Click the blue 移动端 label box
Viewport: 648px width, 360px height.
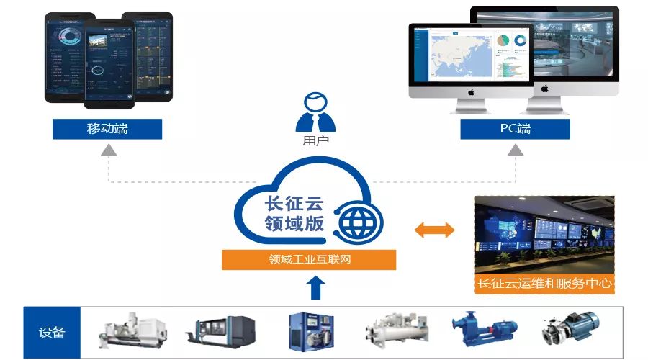coord(107,130)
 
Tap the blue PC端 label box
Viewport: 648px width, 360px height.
coord(515,130)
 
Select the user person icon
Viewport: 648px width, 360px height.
coord(316,114)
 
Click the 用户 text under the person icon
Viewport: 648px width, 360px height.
coord(316,141)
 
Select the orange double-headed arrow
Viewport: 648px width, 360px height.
coord(435,230)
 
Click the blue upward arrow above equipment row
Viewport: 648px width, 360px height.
coord(316,289)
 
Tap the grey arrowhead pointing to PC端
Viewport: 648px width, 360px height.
coord(516,150)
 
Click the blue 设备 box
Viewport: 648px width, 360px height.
coord(52,333)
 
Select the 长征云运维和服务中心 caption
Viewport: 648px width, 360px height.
coord(544,284)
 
